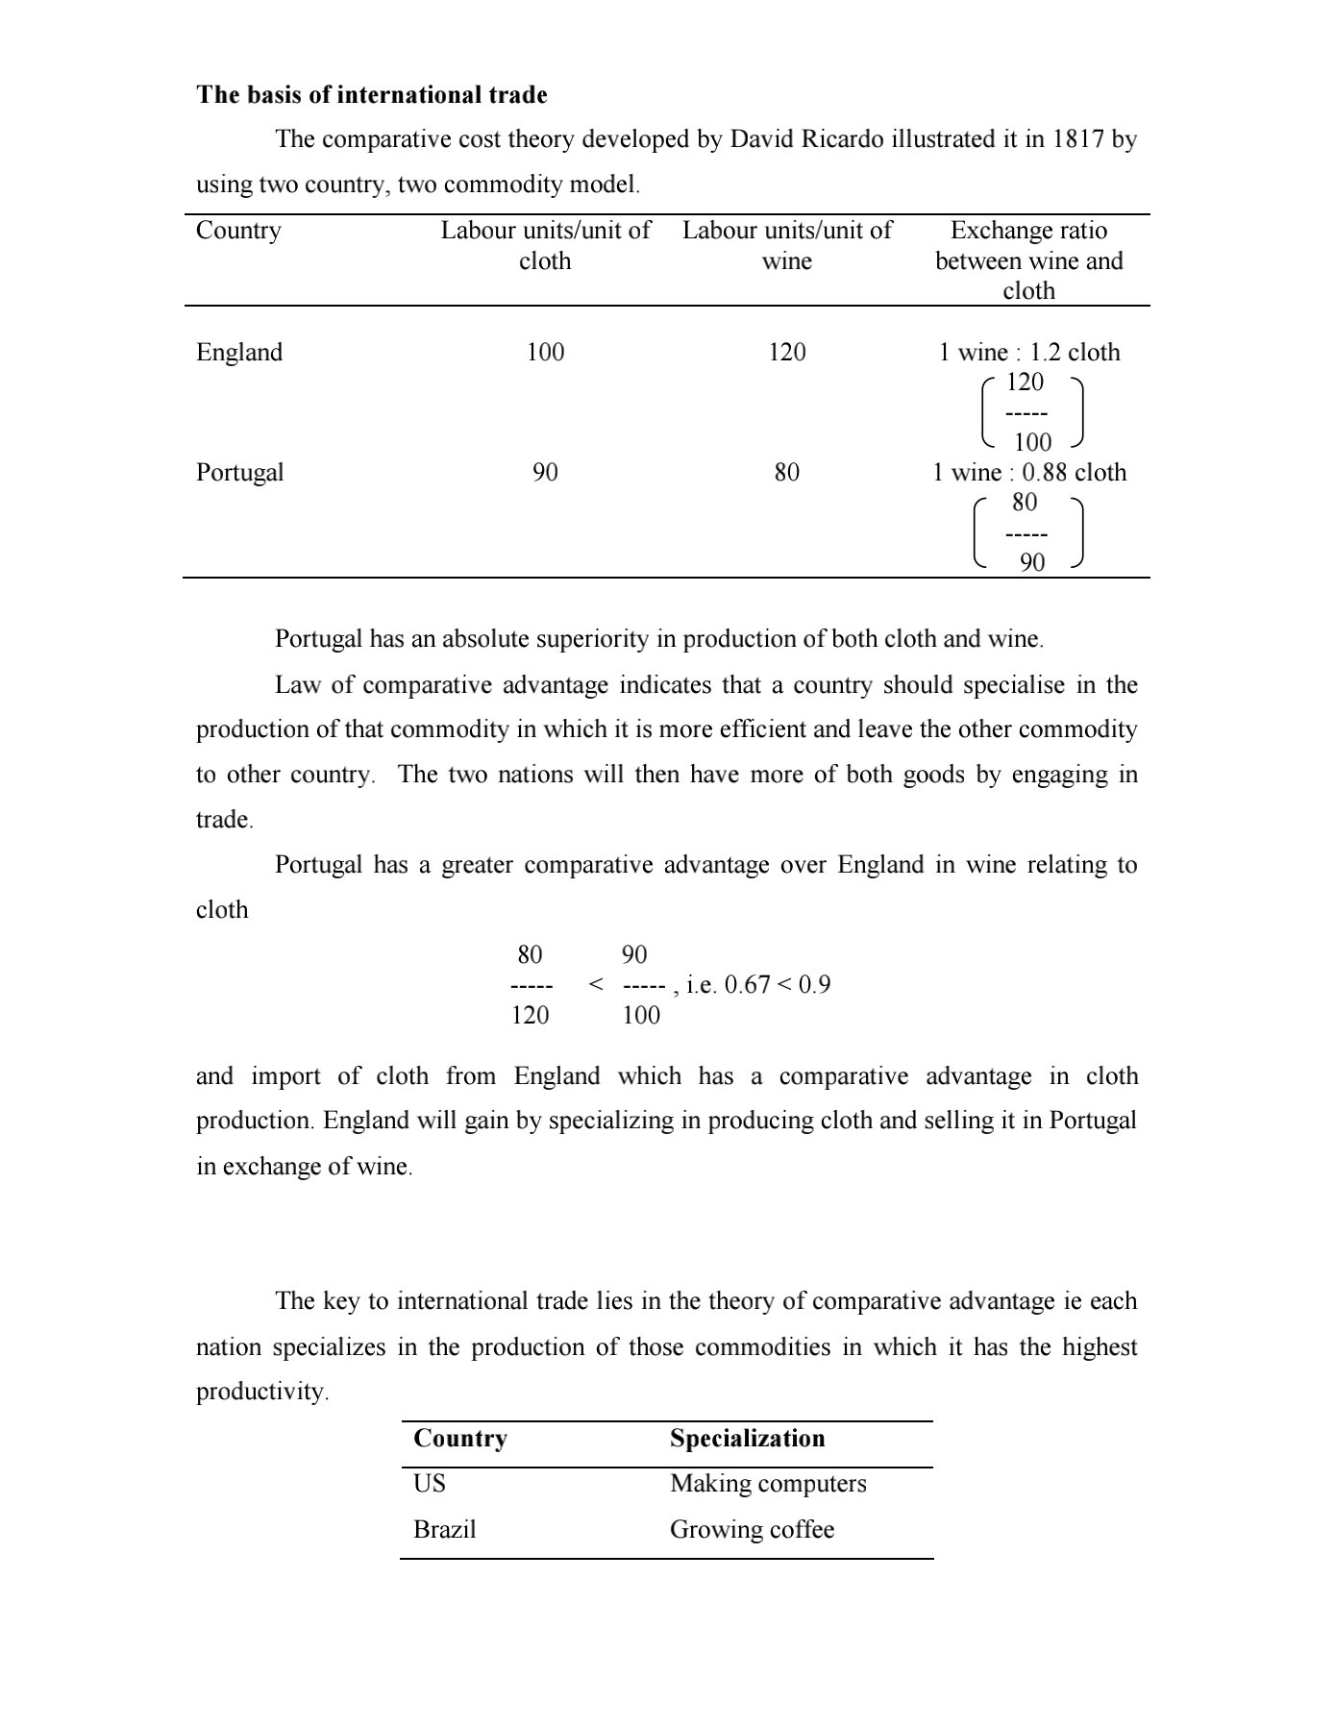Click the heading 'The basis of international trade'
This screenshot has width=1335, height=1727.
pos(371,95)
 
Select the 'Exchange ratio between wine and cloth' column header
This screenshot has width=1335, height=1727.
pos(1028,260)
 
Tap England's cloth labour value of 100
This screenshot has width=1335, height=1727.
pos(545,352)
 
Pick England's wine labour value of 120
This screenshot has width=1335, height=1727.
pos(786,352)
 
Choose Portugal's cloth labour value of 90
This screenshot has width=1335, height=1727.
pos(545,472)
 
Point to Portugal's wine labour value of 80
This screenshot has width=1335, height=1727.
pos(786,472)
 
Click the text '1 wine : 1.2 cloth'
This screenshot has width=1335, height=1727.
pos(1028,352)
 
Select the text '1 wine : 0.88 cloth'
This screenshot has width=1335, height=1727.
pos(1028,472)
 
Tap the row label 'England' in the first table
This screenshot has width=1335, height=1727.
pos(239,352)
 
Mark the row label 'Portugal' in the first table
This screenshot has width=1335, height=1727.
pos(240,472)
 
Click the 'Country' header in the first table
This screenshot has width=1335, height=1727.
pos(238,231)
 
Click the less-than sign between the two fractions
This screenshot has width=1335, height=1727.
pos(596,984)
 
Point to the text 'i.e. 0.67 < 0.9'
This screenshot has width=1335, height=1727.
pos(758,984)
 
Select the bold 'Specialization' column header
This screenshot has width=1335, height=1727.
pos(747,1438)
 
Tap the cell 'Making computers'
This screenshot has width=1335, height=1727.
pos(768,1483)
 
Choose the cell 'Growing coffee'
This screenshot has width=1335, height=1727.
pos(752,1529)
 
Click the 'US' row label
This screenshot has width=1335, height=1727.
pos(430,1483)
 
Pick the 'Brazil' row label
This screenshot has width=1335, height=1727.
pos(444,1529)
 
